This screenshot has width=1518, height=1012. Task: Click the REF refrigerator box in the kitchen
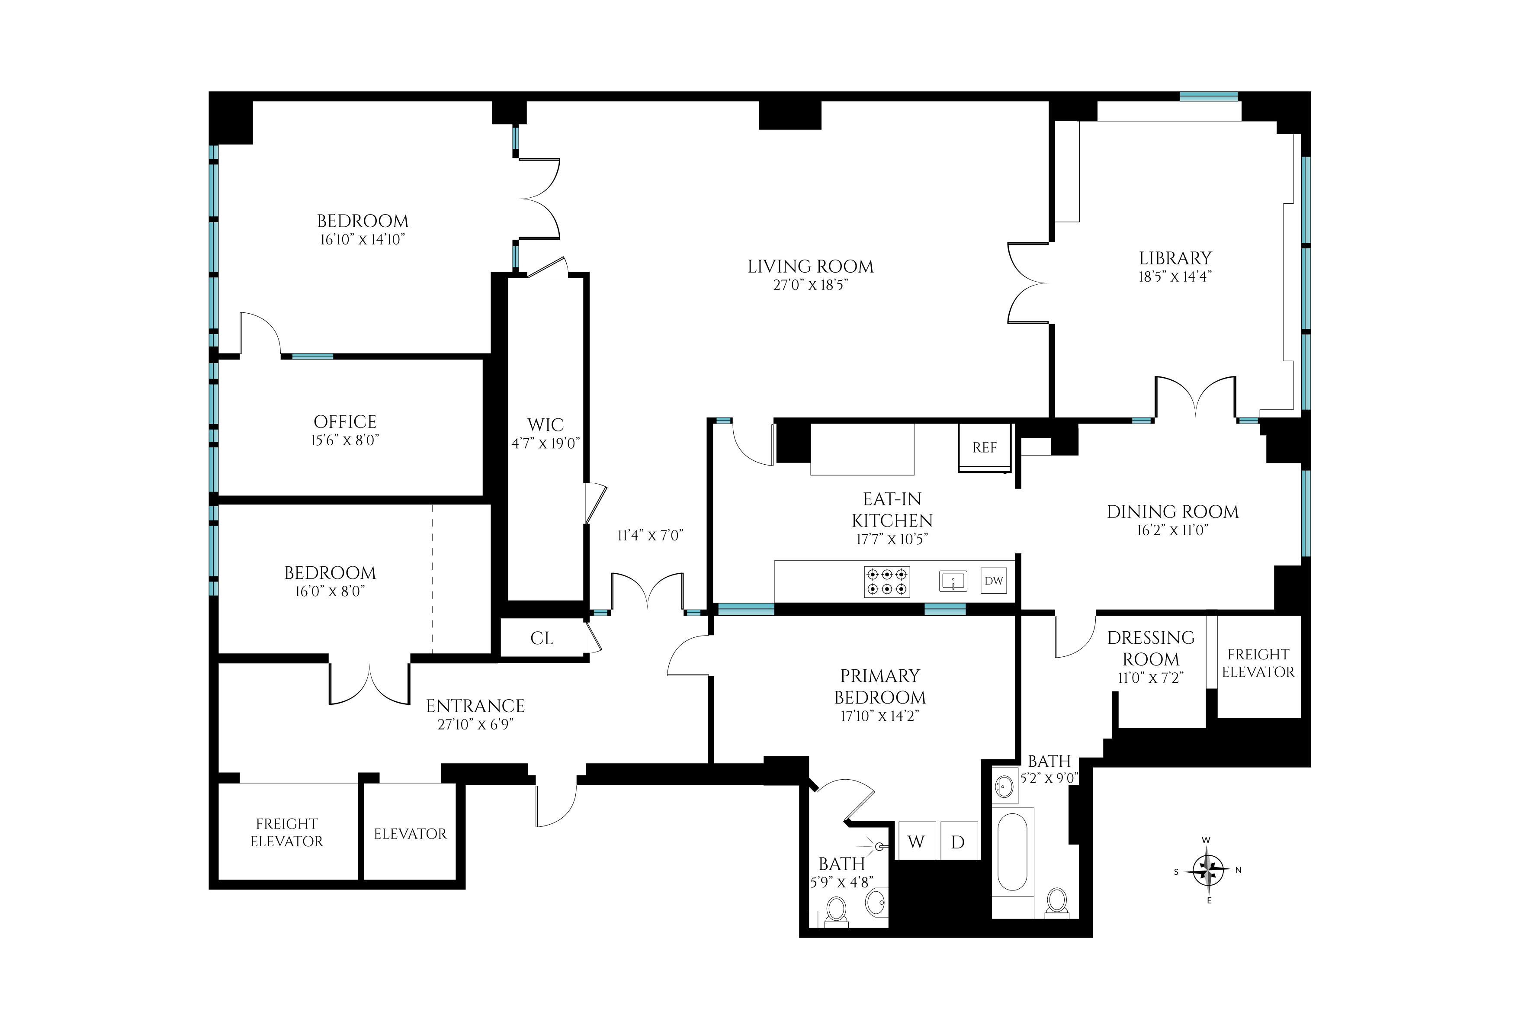pos(984,447)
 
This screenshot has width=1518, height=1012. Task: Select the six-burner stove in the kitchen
pos(887,581)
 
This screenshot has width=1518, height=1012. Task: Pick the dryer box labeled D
pos(958,842)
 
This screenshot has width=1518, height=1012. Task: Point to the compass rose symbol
pos(1208,870)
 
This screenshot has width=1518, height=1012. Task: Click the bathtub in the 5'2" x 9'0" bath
pos(1013,852)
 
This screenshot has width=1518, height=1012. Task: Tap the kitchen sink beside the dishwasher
pos(953,581)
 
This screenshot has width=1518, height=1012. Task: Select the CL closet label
pos(541,638)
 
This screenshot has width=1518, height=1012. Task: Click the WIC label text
pos(545,425)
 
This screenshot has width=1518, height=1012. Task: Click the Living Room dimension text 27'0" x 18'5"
pos(810,285)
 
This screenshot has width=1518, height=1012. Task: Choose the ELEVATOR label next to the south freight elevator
pos(410,834)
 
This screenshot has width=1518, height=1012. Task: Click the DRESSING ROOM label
pos(1151,648)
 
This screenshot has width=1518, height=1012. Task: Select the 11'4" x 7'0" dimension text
pos(650,535)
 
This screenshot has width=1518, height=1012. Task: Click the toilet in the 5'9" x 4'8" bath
pos(837,910)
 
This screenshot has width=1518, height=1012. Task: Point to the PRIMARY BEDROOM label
pos(879,686)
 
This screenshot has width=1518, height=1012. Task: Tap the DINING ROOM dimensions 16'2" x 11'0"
pos(1172,530)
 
